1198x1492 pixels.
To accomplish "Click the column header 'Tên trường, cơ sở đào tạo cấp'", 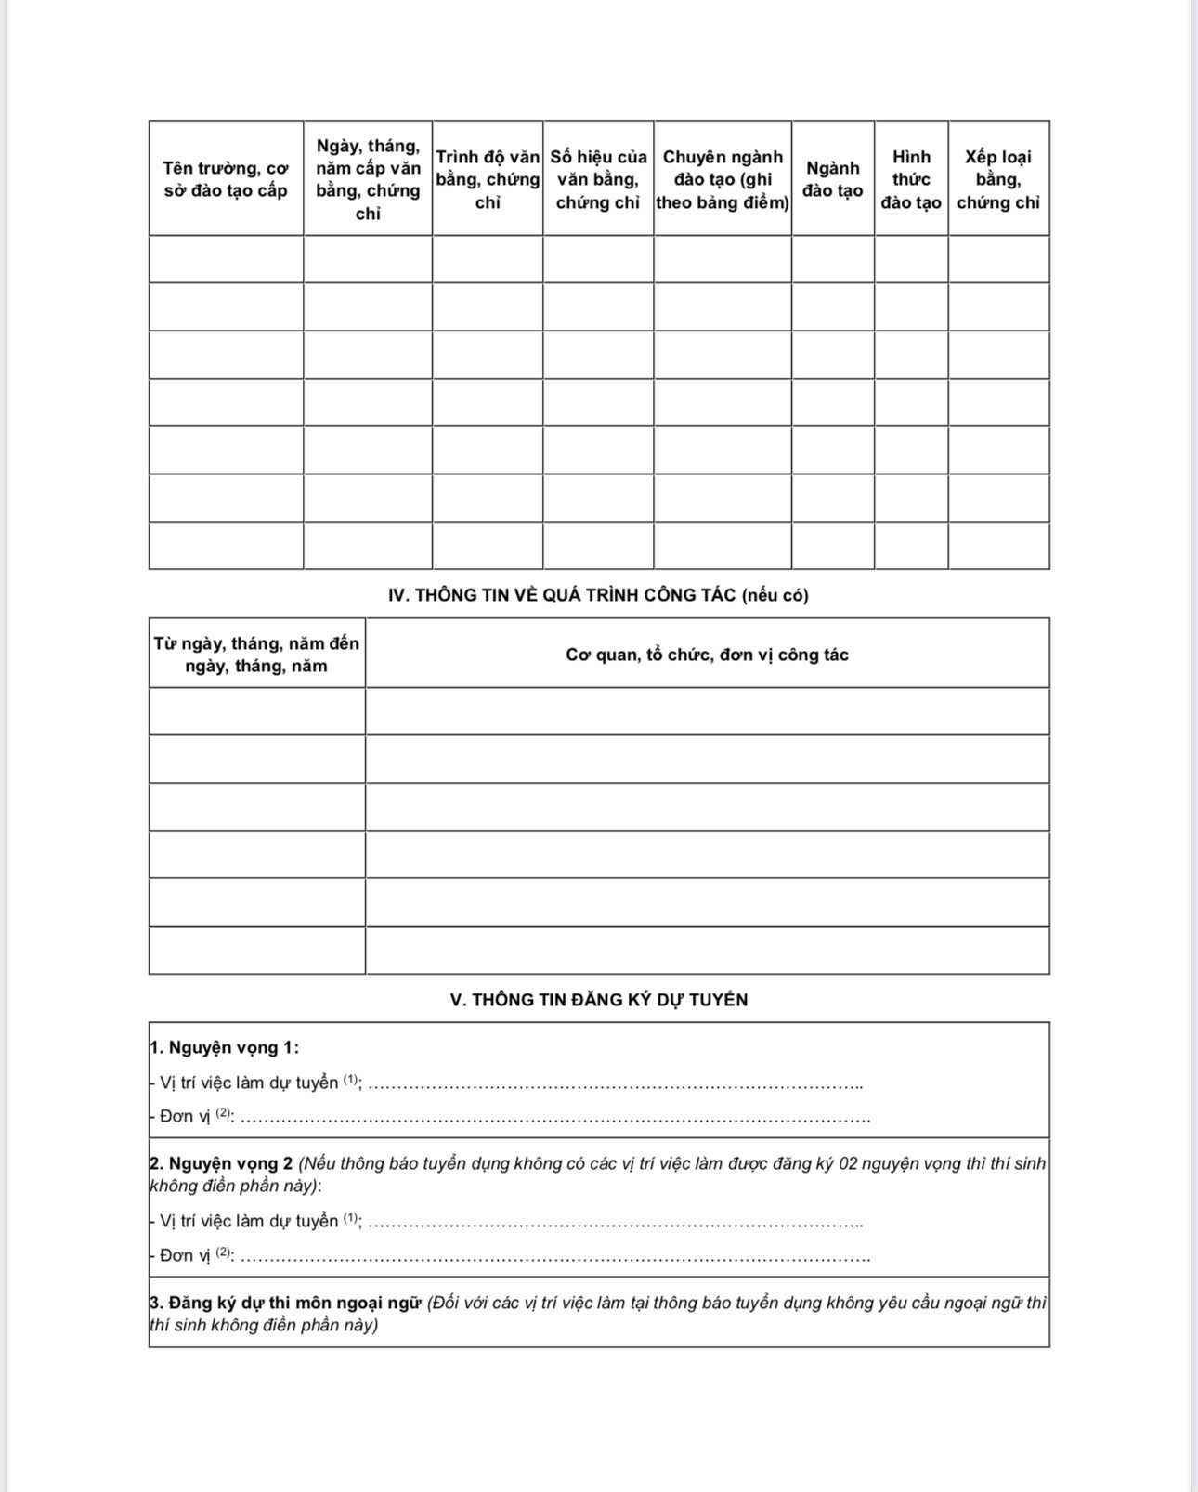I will click(x=226, y=179).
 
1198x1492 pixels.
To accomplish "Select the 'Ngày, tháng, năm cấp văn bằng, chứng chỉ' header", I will click(x=368, y=179).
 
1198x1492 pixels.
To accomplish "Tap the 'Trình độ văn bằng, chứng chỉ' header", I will click(x=488, y=179).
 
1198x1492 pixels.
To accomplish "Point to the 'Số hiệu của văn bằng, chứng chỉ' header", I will click(x=598, y=179).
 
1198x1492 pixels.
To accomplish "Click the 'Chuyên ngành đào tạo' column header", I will click(x=723, y=179).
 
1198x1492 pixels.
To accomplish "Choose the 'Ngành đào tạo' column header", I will click(x=832, y=179).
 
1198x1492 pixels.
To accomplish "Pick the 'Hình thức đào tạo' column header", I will click(x=911, y=179).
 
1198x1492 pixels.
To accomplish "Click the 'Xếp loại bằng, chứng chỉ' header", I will click(x=998, y=179).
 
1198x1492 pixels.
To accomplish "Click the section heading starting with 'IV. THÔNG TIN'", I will click(x=598, y=595).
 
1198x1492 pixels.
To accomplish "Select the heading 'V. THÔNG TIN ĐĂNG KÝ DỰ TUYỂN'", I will click(x=599, y=1000).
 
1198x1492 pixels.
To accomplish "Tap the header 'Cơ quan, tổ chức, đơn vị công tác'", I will click(x=707, y=655).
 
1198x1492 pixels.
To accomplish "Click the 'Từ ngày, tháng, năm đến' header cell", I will click(x=256, y=655).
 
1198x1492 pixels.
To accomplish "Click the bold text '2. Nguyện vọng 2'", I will click(x=221, y=1163).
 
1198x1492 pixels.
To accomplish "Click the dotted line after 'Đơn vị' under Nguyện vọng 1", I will click(x=557, y=1119).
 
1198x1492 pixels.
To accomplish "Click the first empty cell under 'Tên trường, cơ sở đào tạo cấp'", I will click(x=226, y=259).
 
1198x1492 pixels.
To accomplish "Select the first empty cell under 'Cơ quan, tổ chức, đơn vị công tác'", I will click(x=707, y=711).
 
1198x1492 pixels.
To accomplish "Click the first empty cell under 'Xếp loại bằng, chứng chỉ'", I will click(x=998, y=259).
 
